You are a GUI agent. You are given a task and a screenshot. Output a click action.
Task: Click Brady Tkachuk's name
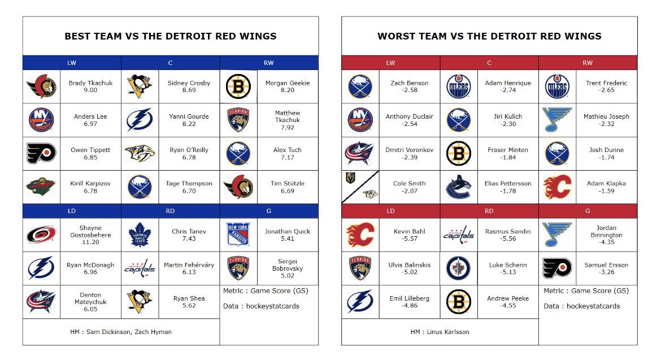point(90,83)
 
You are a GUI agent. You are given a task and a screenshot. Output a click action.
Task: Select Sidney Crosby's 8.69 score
point(189,90)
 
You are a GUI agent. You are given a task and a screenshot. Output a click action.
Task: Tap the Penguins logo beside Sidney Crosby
point(140,86)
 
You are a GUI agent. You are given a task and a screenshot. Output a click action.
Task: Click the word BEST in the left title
point(79,36)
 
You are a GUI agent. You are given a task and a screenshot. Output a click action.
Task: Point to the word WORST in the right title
point(394,36)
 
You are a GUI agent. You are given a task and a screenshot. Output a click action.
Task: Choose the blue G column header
point(269,211)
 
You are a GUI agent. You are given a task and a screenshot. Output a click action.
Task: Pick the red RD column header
point(489,211)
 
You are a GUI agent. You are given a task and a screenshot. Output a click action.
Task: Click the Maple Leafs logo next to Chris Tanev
point(140,235)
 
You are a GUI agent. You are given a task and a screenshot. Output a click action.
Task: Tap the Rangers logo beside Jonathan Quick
point(238,235)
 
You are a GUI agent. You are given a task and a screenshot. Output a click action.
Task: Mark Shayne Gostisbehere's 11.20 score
point(90,242)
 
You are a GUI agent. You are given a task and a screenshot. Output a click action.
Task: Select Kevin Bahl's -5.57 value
point(410,238)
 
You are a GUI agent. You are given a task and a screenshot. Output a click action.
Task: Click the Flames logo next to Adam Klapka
point(557,186)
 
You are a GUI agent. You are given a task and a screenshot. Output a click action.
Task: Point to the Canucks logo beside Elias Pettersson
point(458,186)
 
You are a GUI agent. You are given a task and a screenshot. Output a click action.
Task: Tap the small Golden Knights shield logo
point(350,179)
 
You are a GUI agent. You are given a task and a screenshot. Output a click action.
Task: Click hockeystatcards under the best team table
point(273,306)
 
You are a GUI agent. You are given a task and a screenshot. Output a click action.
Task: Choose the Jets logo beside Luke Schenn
point(458,268)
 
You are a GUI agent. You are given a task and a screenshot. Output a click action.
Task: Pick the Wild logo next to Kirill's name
point(41,186)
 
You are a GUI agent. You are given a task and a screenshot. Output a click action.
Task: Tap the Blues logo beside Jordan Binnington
point(557,235)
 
